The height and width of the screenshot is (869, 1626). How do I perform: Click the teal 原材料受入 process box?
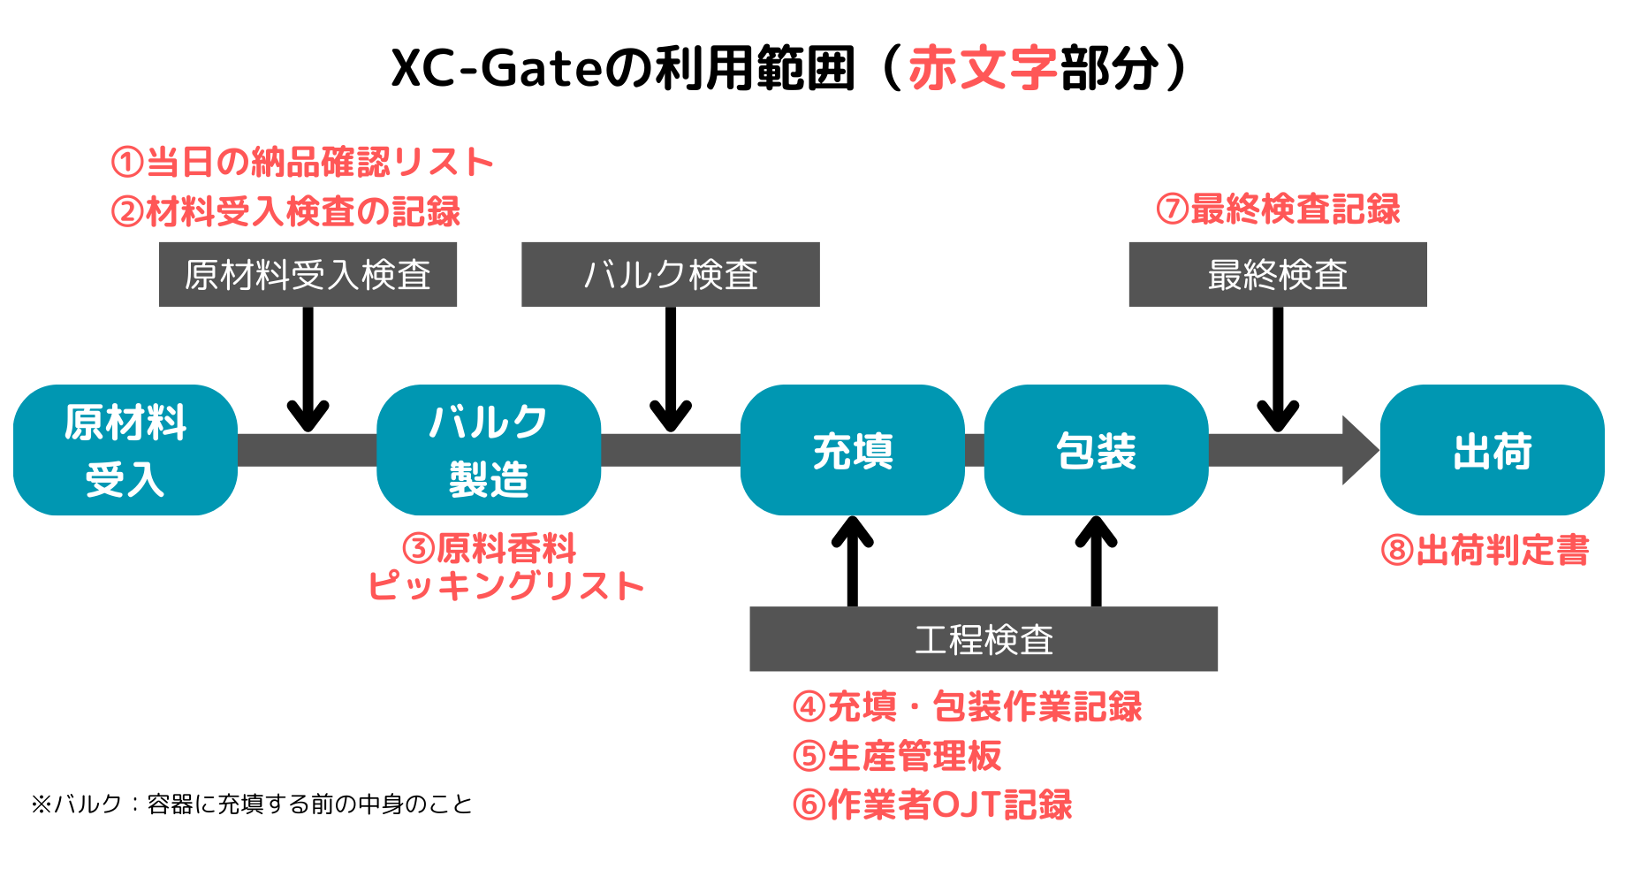click(125, 450)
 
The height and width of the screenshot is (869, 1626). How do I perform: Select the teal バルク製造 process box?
click(489, 450)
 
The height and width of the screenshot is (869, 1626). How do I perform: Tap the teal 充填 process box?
click(853, 450)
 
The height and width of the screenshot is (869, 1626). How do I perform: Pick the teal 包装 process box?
click(1096, 450)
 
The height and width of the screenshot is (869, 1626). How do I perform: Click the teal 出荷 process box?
click(1493, 450)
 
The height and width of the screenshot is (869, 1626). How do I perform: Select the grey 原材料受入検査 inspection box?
click(308, 274)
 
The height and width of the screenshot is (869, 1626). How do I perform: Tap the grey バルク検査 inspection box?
click(671, 274)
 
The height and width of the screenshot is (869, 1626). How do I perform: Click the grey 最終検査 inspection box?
click(1278, 274)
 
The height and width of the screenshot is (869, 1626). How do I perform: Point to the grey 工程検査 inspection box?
click(984, 639)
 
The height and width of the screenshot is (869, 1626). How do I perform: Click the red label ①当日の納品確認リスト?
click(302, 162)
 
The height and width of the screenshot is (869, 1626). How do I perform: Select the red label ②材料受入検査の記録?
click(285, 211)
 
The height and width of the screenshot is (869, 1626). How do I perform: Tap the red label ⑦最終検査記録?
click(1278, 210)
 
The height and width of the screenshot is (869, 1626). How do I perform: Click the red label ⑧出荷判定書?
click(1485, 550)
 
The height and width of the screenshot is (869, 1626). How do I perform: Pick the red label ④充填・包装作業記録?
click(968, 706)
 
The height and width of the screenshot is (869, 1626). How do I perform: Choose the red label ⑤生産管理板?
click(897, 756)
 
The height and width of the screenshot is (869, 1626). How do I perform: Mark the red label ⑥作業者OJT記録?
click(932, 804)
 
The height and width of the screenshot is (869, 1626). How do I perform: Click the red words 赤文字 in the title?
click(983, 68)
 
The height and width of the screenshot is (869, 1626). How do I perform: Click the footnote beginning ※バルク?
click(252, 804)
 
